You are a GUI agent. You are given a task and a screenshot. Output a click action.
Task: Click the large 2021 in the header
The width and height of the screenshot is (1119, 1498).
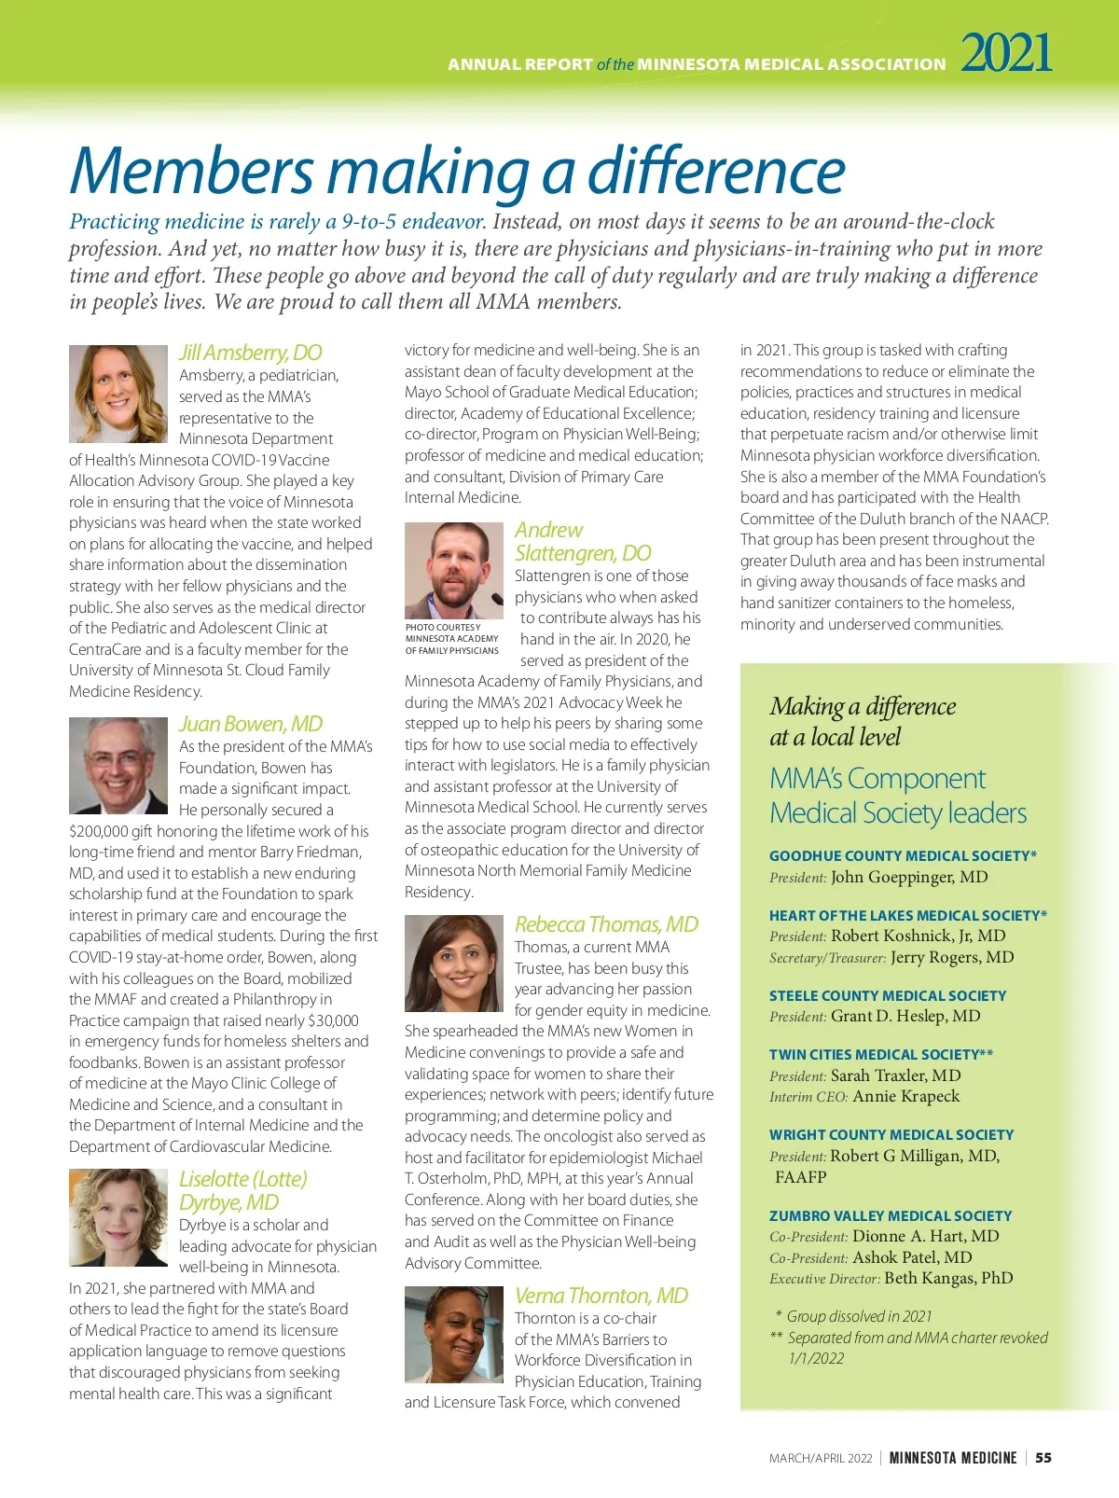pos(1006,53)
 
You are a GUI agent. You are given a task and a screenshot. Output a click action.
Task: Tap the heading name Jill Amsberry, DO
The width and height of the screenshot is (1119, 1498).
pos(250,353)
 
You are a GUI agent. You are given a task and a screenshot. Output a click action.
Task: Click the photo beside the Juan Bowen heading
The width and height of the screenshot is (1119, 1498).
pos(118,765)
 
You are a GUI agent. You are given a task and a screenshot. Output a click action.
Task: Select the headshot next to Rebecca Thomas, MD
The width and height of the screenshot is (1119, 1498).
pos(454,964)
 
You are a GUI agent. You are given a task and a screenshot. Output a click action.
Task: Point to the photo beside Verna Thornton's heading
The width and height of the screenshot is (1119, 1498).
pos(454,1334)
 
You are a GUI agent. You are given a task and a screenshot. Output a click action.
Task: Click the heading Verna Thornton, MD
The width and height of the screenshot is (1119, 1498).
pos(601,1296)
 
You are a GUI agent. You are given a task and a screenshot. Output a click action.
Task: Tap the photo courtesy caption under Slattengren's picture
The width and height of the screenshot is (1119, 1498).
pos(452,639)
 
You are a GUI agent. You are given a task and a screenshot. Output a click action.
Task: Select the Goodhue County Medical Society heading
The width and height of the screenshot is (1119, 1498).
pos(903,855)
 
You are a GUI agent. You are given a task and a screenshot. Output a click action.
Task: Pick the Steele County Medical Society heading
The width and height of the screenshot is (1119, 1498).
pos(888,995)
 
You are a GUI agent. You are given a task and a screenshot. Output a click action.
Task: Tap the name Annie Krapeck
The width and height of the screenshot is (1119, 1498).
pos(905,1096)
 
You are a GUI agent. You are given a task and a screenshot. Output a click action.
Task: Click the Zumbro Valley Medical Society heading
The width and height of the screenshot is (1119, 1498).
pos(891,1215)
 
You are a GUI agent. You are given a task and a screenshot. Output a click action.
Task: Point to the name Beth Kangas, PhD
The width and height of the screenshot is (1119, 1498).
pos(948,1278)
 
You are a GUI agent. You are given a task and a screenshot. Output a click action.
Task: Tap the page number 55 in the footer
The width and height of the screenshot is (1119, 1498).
pos(1043,1458)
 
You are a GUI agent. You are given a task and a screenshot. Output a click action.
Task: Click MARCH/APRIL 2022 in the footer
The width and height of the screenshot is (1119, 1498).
pos(821,1458)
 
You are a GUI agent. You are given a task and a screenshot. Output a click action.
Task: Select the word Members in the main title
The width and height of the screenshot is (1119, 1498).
pos(192,171)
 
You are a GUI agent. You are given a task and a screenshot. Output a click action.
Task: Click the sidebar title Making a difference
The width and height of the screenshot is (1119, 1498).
pos(863,706)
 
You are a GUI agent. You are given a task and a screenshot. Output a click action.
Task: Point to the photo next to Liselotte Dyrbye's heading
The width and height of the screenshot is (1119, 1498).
pos(118,1217)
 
